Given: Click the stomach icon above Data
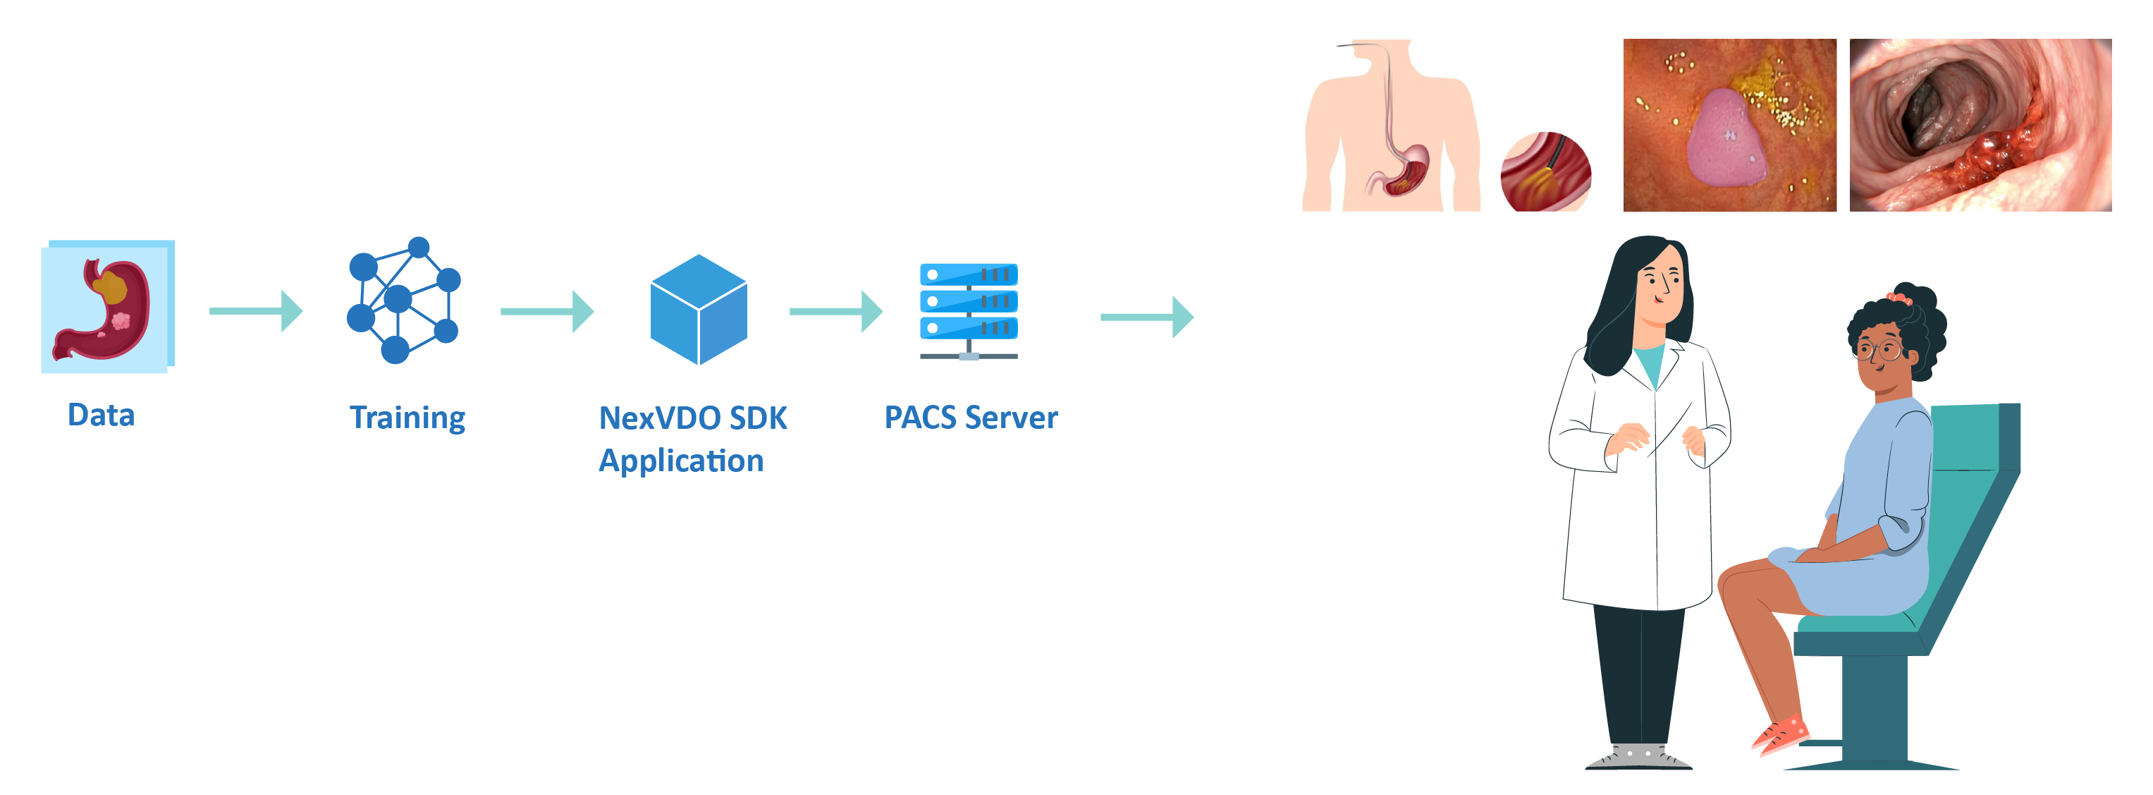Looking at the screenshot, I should coord(106,307).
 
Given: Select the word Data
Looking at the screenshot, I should coord(100,415).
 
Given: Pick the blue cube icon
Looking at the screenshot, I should coord(698,309).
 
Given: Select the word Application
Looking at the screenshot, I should coord(680,461).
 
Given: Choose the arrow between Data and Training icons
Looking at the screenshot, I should coord(256,311).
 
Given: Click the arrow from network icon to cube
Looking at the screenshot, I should coord(546,312).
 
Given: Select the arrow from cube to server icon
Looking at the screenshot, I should coord(836,312).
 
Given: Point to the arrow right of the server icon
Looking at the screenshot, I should coord(1147,317).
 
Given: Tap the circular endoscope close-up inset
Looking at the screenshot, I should coord(1545,171).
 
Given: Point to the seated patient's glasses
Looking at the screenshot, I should coord(1878,349).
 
